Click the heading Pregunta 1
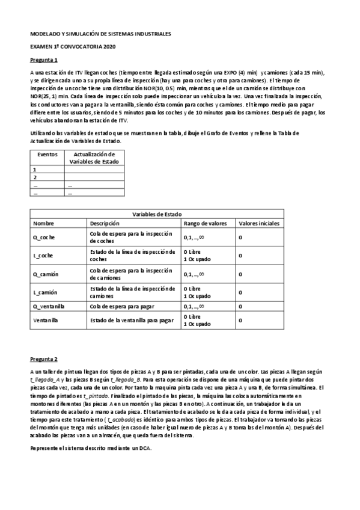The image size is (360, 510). (44, 61)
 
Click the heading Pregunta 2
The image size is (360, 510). (44, 359)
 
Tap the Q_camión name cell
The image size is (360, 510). (45, 274)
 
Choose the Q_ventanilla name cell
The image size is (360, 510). (49, 306)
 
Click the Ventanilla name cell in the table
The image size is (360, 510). (45, 320)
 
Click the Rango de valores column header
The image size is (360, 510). (205, 223)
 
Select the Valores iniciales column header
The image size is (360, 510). (259, 223)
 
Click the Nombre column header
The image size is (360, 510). (43, 223)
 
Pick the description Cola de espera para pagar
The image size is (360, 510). (123, 306)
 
